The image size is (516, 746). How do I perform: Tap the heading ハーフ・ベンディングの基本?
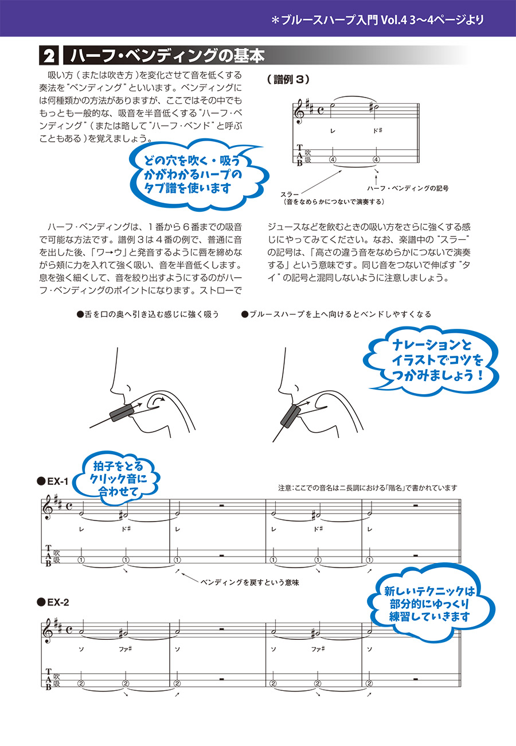point(166,57)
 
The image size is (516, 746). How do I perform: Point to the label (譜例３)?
point(288,80)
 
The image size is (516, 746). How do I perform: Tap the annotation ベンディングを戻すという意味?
point(250,582)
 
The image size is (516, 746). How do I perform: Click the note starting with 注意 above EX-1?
point(367,488)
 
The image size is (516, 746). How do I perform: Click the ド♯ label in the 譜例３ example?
point(377,131)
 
